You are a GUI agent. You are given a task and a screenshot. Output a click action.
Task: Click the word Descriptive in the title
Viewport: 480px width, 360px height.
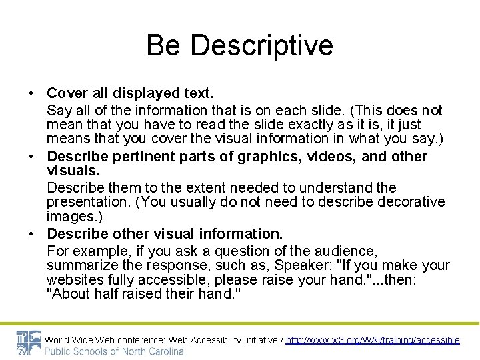[261, 45]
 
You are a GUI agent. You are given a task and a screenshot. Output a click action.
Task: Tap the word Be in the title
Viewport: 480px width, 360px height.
[163, 45]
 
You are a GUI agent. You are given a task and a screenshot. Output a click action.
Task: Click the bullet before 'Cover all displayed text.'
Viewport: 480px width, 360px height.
[31, 93]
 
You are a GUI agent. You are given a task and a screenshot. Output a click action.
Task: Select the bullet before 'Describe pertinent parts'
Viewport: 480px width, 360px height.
[31, 157]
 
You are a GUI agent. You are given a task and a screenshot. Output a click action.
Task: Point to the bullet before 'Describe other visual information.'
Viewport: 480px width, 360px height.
[31, 234]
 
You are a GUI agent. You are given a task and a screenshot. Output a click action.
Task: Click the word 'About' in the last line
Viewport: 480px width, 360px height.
[71, 295]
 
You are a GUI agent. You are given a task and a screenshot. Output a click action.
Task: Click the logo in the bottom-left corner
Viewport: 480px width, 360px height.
[27, 343]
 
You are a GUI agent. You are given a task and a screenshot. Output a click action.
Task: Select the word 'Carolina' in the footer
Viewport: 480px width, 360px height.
[163, 351]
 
